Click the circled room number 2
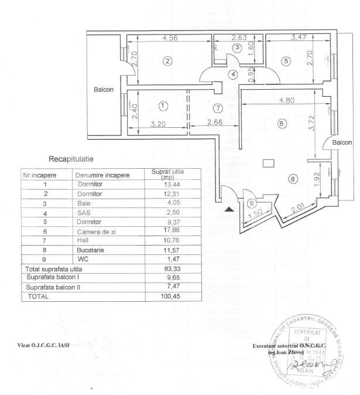(167, 61)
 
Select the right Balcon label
(342, 142)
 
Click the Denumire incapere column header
(102, 175)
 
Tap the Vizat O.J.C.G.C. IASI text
(44, 345)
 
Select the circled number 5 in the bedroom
(285, 60)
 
